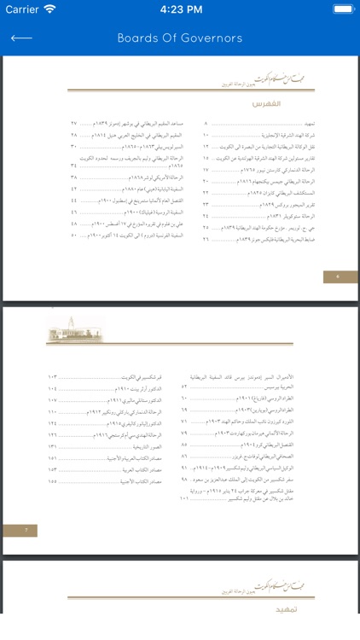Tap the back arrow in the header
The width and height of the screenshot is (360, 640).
[x=21, y=38]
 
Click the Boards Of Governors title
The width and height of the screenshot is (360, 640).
[x=180, y=38]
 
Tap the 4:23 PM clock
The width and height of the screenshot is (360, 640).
[x=180, y=9]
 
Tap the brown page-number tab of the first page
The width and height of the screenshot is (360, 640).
[x=340, y=276]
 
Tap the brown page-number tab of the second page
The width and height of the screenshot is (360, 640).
[x=20, y=530]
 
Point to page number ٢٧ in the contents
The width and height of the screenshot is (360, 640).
[x=74, y=124]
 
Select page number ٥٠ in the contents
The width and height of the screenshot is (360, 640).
[x=74, y=235]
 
